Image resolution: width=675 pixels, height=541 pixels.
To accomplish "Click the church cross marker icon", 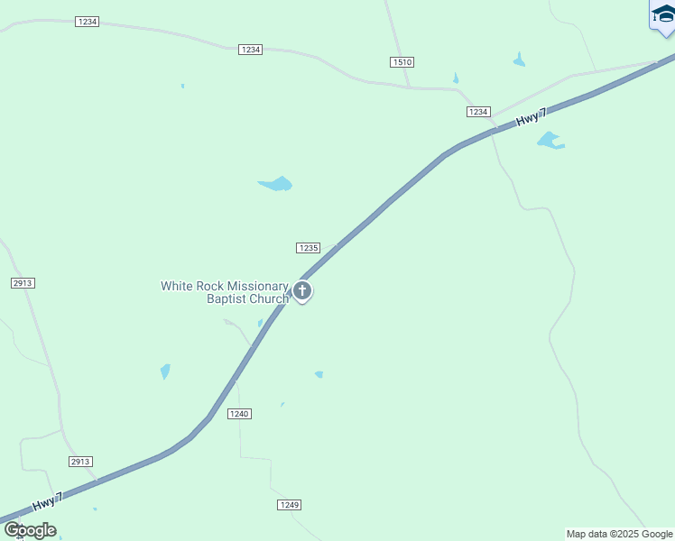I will (x=302, y=291).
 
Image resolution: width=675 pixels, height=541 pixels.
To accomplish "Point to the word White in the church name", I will (x=178, y=286).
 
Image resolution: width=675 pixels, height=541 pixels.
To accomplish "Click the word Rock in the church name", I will (x=210, y=286).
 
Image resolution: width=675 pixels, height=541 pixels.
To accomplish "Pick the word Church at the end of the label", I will (x=269, y=298).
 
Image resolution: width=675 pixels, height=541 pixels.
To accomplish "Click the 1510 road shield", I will (x=402, y=61).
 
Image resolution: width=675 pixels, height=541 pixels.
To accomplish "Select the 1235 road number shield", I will (x=308, y=248).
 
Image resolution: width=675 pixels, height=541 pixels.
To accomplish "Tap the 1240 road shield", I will (x=239, y=414).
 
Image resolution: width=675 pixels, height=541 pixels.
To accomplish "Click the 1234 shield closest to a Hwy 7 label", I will (x=478, y=112).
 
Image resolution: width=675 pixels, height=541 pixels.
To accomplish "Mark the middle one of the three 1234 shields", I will (x=251, y=50).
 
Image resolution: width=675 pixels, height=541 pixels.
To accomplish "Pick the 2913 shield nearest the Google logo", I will (x=80, y=462).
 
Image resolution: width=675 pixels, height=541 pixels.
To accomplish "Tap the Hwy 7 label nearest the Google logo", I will (x=48, y=500).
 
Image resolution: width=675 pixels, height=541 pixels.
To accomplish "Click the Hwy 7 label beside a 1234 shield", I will (x=532, y=118).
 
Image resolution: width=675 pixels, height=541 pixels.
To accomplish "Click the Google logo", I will (x=30, y=530).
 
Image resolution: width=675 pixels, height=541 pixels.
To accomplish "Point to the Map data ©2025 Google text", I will (x=619, y=534).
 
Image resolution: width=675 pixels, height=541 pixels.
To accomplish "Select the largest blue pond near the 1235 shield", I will (x=276, y=184).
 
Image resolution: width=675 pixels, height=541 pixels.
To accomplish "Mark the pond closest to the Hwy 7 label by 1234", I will (x=550, y=141).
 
